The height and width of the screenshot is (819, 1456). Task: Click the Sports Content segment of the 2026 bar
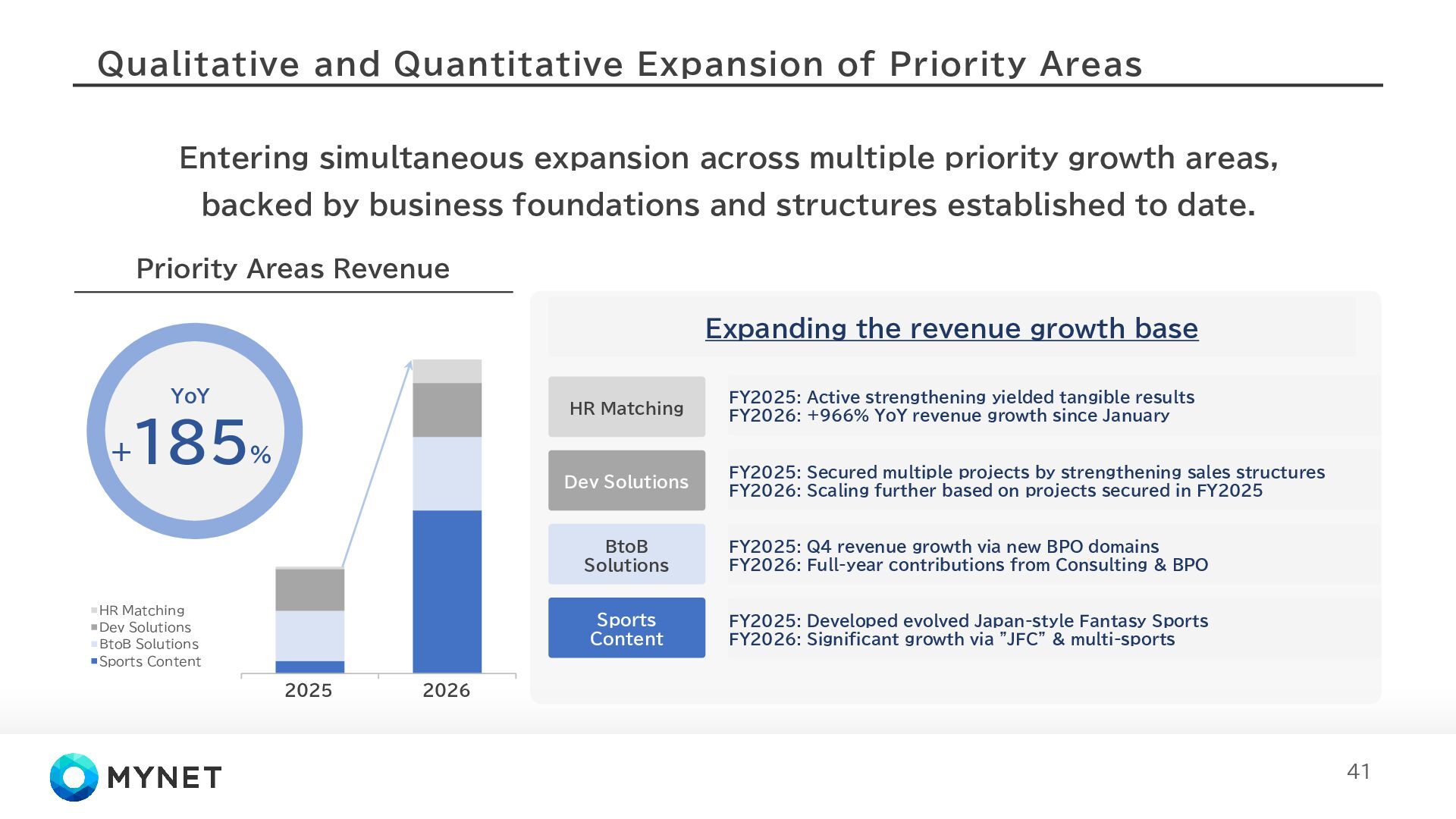pos(447,591)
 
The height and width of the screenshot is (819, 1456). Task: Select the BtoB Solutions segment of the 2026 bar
pos(447,473)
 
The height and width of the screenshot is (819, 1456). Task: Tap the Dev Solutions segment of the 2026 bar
pos(447,409)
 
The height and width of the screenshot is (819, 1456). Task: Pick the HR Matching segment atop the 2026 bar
pos(447,371)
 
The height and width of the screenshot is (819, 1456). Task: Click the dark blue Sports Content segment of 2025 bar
pos(309,667)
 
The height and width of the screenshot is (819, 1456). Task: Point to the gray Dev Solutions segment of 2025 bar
pos(309,589)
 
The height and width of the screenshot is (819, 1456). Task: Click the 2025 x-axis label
pos(309,690)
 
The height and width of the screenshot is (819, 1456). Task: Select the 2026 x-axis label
pos(447,690)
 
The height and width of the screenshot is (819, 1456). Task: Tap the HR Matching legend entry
pos(141,610)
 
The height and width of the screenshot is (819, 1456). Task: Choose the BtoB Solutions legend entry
pos(149,644)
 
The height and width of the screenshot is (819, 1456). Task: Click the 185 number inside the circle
pos(191,442)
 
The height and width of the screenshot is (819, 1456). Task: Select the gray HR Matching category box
pos(626,407)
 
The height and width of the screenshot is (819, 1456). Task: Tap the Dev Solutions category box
pos(626,481)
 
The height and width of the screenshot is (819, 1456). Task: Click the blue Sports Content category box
pos(626,628)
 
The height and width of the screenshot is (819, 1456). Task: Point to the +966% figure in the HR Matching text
pos(837,416)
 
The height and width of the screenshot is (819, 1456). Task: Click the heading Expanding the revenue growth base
pos(951,328)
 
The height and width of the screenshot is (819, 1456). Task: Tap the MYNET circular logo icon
pos(74,777)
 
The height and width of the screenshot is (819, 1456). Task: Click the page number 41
pos(1358,771)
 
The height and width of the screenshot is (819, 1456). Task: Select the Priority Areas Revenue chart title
pos(293,268)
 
